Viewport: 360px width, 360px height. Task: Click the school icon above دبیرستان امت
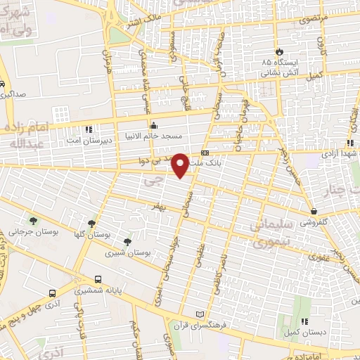point(88,129)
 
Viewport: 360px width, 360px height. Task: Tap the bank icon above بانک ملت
point(205,153)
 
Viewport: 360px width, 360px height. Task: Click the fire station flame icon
point(280,52)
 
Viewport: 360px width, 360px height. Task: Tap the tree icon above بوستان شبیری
point(127,242)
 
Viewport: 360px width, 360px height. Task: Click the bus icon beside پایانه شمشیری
point(53,293)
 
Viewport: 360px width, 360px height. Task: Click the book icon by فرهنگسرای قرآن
point(204,314)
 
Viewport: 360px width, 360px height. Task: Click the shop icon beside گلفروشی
point(314,211)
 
